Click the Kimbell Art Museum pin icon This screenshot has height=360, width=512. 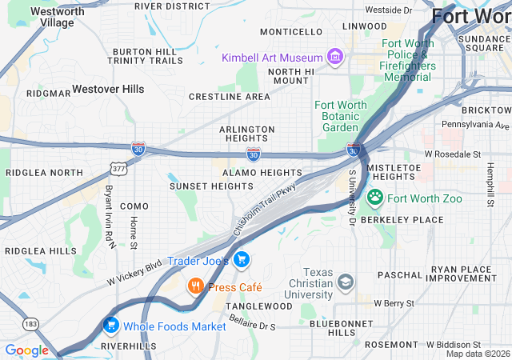[x=335, y=56]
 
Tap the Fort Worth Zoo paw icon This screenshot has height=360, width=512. [x=375, y=196]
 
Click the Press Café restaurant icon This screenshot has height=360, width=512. [x=195, y=286]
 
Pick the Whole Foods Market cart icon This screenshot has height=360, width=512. [x=110, y=326]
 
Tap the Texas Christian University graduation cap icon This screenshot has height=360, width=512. [x=346, y=281]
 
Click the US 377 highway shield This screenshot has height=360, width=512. [x=118, y=169]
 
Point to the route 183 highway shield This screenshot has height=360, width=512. [x=31, y=323]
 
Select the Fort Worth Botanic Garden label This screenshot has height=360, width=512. [x=342, y=116]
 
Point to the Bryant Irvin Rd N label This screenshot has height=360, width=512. [x=109, y=216]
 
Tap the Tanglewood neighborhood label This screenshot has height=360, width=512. [x=259, y=306]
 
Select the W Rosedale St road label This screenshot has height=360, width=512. [x=453, y=153]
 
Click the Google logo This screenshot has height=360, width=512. [x=26, y=350]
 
